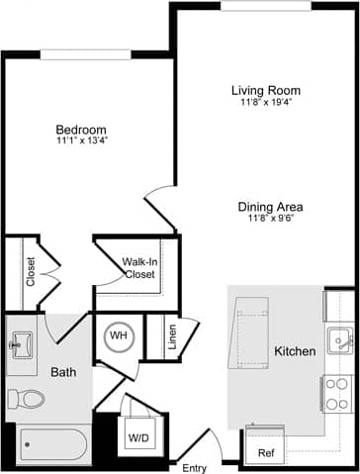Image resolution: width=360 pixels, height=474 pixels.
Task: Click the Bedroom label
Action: click(x=81, y=130)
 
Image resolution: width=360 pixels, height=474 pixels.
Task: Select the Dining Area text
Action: click(x=270, y=207)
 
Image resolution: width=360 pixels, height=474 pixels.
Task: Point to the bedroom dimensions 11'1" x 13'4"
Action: click(x=81, y=142)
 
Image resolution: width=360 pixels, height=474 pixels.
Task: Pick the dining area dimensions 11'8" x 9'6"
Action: click(x=270, y=219)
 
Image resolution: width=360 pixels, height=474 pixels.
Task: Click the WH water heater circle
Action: click(x=119, y=336)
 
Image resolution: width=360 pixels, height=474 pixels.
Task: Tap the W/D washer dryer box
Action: click(x=135, y=434)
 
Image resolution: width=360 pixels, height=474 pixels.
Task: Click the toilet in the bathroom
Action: click(x=26, y=399)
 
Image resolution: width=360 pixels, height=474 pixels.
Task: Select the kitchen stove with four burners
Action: click(x=338, y=392)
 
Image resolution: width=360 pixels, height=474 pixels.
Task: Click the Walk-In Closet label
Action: click(x=139, y=268)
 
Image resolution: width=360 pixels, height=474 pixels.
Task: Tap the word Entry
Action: click(x=195, y=466)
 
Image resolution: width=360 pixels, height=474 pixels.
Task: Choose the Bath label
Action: click(x=64, y=372)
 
